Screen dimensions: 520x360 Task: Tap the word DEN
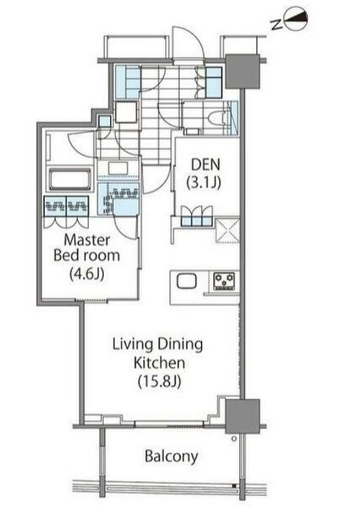pos(201,164)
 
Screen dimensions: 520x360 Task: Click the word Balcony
pos(171,456)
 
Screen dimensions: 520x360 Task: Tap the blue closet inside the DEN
pos(195,217)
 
